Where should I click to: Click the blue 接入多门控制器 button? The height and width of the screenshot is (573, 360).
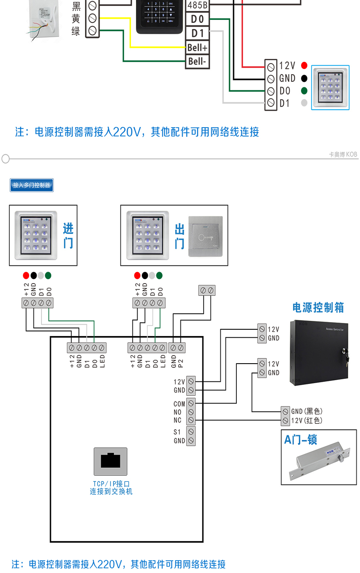(32, 185)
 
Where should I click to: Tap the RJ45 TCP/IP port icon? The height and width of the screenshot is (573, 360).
(111, 461)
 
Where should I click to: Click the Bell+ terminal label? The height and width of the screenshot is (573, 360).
(197, 47)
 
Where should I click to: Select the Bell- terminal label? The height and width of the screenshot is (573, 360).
(197, 61)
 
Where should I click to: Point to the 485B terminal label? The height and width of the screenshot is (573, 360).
(197, 5)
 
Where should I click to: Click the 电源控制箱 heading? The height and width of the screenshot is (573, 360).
(318, 307)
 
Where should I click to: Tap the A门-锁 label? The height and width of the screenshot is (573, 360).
(301, 439)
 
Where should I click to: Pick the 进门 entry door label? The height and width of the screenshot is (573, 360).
(68, 236)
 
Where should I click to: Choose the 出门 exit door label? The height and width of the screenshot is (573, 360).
(180, 236)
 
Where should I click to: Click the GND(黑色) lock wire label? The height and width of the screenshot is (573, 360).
(307, 411)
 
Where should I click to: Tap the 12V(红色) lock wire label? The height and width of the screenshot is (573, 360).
(307, 420)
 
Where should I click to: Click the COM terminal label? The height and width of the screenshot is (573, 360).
(179, 404)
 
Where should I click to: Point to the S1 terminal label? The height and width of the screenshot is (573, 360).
(177, 432)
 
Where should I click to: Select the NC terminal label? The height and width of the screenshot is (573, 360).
(177, 420)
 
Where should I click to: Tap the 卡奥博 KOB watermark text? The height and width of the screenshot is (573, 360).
(343, 154)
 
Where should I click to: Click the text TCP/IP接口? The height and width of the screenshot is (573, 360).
(111, 484)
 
